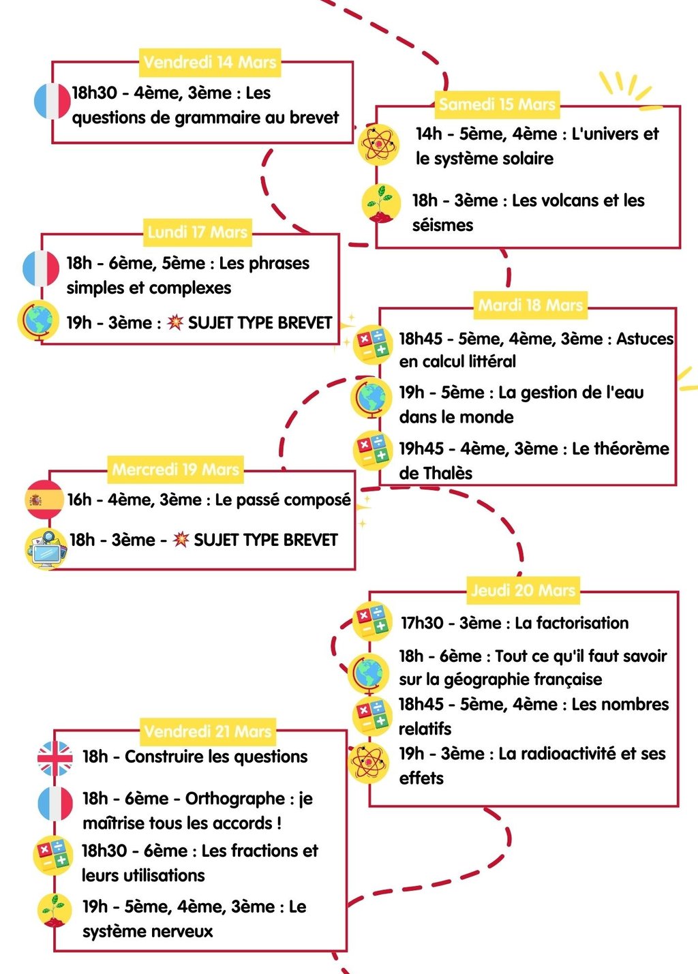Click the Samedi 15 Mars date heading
(x=497, y=104)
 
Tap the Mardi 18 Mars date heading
(x=530, y=305)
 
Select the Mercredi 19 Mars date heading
(x=175, y=469)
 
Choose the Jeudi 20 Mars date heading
(x=523, y=590)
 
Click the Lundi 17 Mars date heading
(x=197, y=232)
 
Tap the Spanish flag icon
(x=44, y=500)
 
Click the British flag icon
(x=55, y=758)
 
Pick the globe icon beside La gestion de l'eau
(x=371, y=399)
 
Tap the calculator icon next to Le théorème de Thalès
(x=372, y=451)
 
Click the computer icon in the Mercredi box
(x=46, y=547)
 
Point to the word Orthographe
(x=235, y=798)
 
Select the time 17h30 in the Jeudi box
(x=422, y=623)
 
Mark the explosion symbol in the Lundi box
(x=176, y=322)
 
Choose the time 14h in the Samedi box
(x=429, y=134)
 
